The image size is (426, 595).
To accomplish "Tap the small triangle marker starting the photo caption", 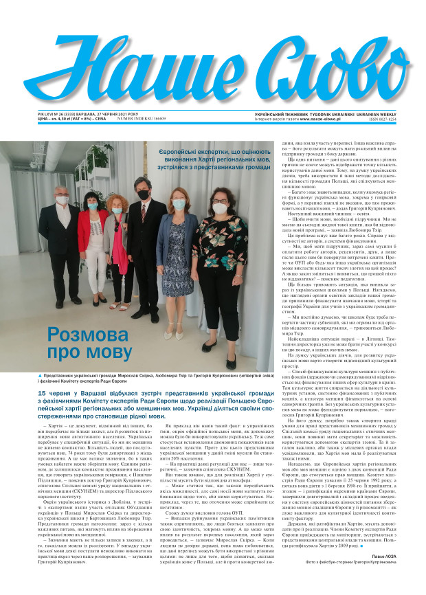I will pos(44,377).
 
